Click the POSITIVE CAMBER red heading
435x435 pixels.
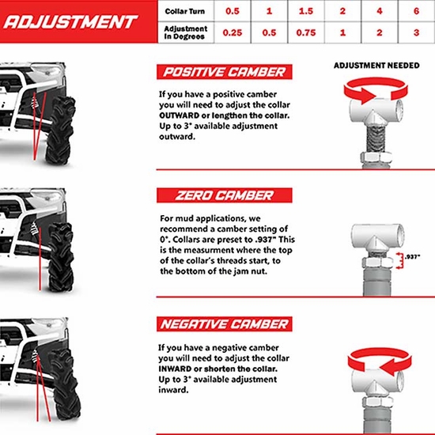(x=224, y=73)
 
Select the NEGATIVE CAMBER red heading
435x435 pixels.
(x=224, y=324)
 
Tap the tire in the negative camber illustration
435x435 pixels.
(x=64, y=380)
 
